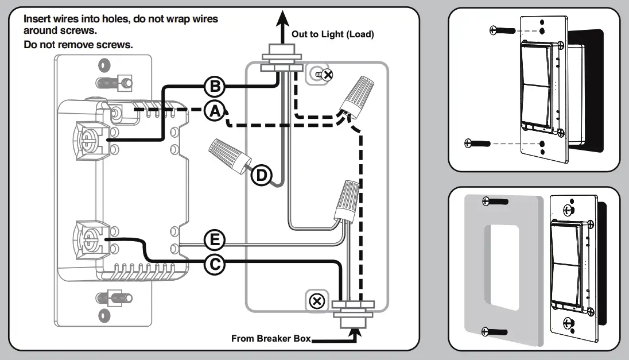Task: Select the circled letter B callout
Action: click(214, 87)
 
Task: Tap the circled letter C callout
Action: click(214, 264)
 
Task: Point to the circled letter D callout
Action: click(261, 175)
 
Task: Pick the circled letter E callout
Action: click(214, 240)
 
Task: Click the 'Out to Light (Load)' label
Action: click(332, 34)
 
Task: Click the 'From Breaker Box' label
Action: click(270, 338)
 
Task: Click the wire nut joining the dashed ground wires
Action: click(354, 95)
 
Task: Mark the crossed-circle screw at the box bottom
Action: click(316, 301)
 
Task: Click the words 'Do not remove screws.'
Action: click(79, 44)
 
